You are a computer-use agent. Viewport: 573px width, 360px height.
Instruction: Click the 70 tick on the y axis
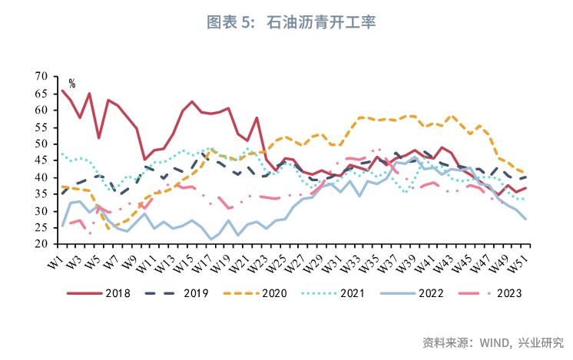(x=41, y=76)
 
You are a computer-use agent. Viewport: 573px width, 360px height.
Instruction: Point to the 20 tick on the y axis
(x=41, y=245)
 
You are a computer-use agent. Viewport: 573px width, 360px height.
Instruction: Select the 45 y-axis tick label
(x=41, y=160)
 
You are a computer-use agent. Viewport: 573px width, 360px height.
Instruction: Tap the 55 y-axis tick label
(x=41, y=127)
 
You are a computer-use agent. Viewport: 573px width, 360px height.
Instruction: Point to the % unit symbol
(x=72, y=83)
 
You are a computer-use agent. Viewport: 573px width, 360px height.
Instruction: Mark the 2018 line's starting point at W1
(x=62, y=91)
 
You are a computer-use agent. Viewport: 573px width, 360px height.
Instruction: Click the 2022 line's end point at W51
(x=525, y=220)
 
